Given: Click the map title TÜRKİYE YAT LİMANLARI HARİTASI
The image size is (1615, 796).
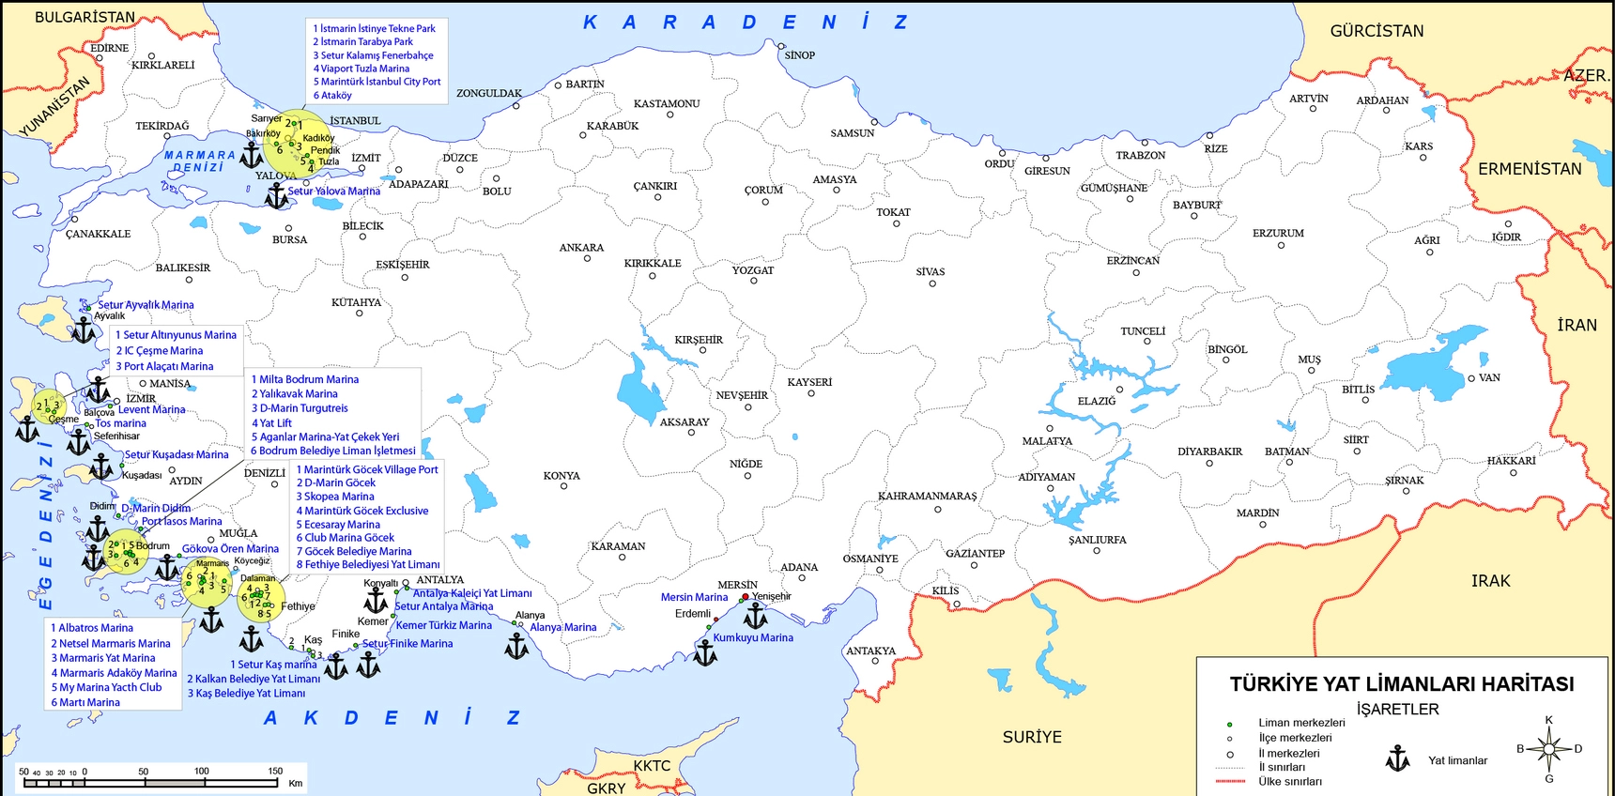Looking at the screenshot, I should click(x=1402, y=684).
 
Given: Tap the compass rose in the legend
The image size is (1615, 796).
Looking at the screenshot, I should click(x=1549, y=749).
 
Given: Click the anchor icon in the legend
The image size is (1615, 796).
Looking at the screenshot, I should click(x=1398, y=758).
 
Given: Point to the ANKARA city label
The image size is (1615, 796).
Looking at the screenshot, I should click(x=581, y=248).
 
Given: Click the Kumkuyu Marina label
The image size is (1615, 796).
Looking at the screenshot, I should click(x=753, y=637).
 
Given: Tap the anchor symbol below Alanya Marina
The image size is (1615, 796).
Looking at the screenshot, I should click(x=516, y=646).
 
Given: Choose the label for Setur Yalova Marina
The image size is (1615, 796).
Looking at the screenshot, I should click(x=333, y=191).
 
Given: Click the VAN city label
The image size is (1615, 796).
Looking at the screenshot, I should click(x=1489, y=377).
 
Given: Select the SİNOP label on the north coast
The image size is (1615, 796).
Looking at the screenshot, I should click(x=799, y=55).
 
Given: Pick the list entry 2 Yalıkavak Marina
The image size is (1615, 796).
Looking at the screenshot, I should click(x=294, y=394).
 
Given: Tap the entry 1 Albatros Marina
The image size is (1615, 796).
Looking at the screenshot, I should click(x=92, y=628).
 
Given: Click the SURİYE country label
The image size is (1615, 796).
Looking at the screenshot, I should click(x=1032, y=737).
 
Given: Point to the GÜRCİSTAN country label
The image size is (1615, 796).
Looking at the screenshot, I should click(x=1377, y=31).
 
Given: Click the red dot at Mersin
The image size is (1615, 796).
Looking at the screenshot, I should click(x=746, y=597).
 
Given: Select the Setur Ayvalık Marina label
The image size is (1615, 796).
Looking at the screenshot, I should click(x=146, y=305).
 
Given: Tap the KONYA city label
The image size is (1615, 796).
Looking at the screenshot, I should click(x=561, y=476).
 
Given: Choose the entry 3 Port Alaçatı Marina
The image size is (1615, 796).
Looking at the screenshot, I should click(x=164, y=367).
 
